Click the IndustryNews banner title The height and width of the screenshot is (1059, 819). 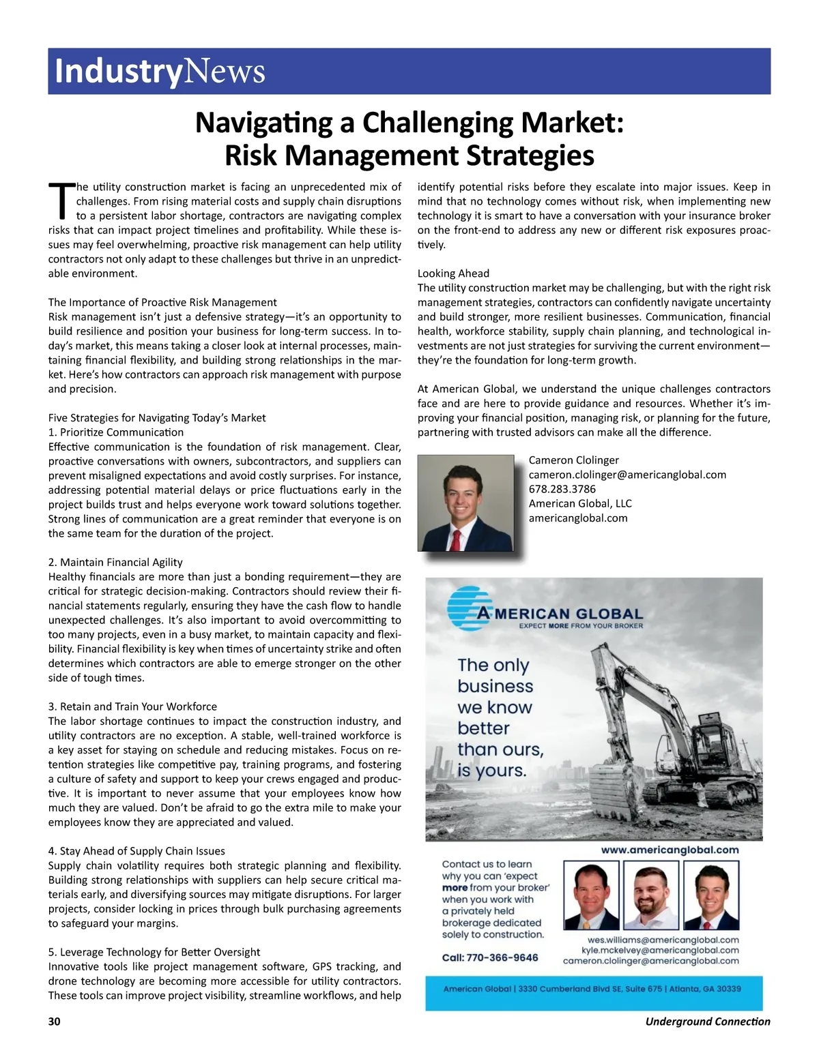click(160, 71)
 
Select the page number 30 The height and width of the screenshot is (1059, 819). click(55, 1021)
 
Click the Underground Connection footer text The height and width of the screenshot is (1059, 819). click(707, 1021)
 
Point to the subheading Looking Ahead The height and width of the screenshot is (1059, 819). click(453, 273)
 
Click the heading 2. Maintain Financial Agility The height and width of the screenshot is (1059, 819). click(115, 562)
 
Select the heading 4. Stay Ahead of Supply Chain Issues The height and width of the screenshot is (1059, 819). click(136, 851)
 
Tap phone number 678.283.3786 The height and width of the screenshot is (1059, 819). click(562, 489)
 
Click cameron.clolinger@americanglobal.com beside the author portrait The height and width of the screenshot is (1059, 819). click(627, 475)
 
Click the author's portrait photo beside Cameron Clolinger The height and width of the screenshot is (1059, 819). click(465, 503)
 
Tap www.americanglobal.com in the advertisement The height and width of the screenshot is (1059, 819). click(670, 850)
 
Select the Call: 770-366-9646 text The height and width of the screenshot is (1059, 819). click(489, 957)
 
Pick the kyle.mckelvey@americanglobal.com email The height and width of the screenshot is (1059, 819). click(659, 950)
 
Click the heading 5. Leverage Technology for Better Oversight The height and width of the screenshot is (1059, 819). click(154, 952)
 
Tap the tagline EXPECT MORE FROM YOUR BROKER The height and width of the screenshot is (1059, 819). click(580, 625)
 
